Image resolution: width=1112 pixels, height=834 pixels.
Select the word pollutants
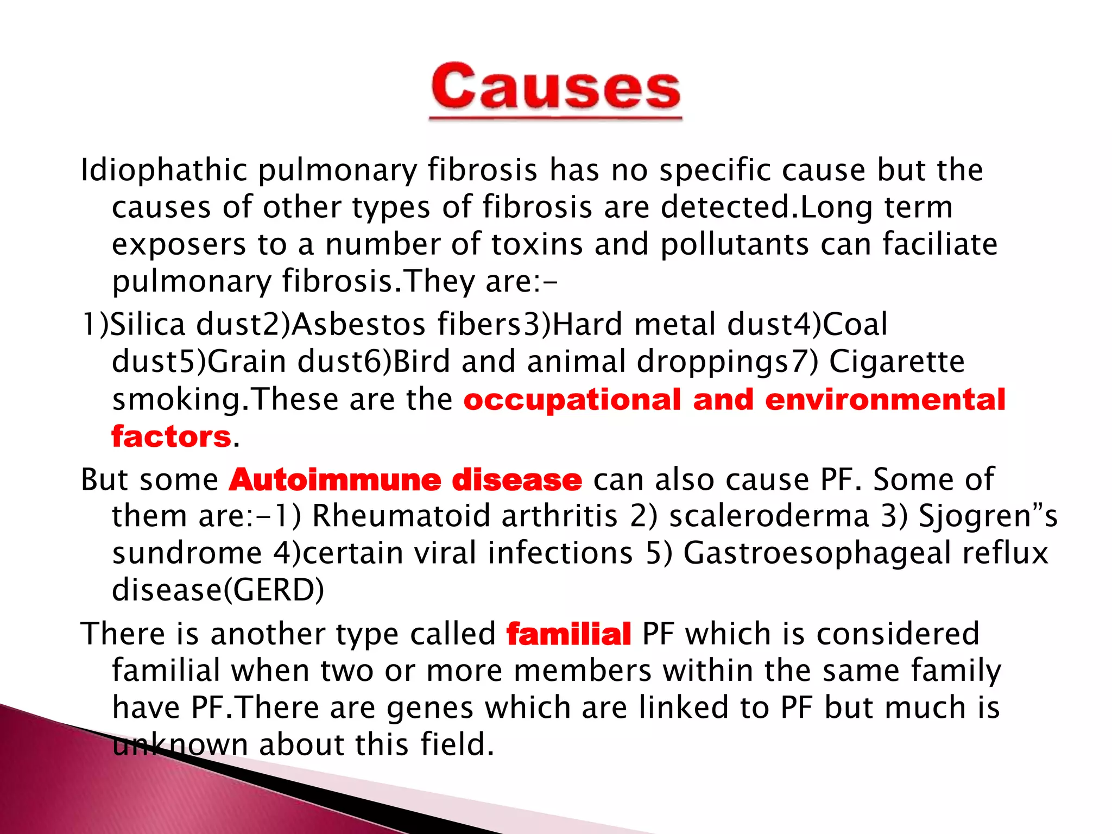[x=735, y=244]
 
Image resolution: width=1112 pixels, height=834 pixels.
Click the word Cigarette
[x=896, y=362]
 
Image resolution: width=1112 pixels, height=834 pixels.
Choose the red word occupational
[x=572, y=400]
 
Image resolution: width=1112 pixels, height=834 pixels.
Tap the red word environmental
[x=885, y=400]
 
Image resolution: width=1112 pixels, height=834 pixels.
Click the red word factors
[x=172, y=437]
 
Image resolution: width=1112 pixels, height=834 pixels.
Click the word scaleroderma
[x=769, y=516]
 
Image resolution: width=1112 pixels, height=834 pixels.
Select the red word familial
[x=568, y=634]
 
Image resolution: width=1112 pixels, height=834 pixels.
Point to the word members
[x=583, y=671]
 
